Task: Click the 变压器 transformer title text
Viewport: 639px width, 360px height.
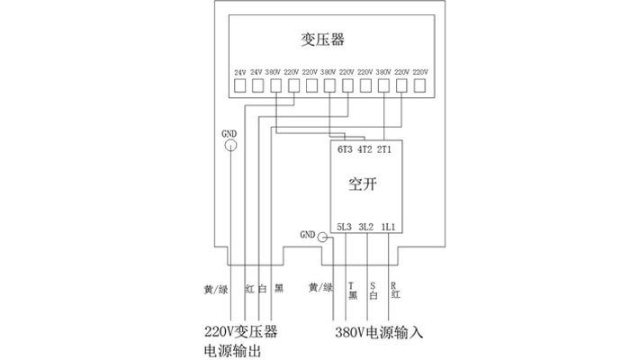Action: click(x=323, y=40)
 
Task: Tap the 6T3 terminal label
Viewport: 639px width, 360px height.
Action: click(x=345, y=149)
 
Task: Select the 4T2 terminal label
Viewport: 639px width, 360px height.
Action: click(x=364, y=149)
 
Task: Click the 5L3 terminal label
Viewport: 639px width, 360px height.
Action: click(x=345, y=226)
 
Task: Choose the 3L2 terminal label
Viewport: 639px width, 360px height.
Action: click(x=365, y=226)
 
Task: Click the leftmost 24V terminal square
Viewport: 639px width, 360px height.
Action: click(x=240, y=87)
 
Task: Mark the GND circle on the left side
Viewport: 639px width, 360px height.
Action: click(x=230, y=146)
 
